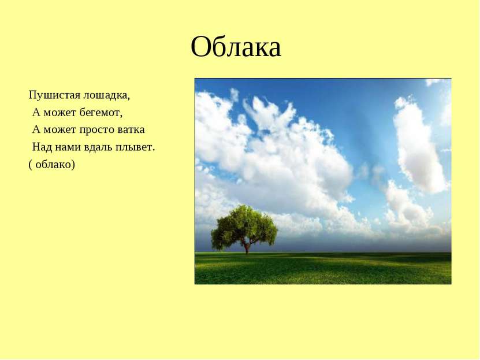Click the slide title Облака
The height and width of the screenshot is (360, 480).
tap(236, 47)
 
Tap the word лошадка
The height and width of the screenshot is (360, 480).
tap(106, 95)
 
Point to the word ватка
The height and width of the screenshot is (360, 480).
tap(131, 129)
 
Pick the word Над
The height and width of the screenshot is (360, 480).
tap(42, 147)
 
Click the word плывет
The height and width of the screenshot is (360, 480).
tap(133, 147)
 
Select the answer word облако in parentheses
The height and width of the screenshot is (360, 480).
tap(53, 164)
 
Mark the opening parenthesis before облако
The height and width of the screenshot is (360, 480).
tap(30, 165)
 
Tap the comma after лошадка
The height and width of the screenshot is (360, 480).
tap(129, 99)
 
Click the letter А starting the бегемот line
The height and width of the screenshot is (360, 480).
tap(36, 113)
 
